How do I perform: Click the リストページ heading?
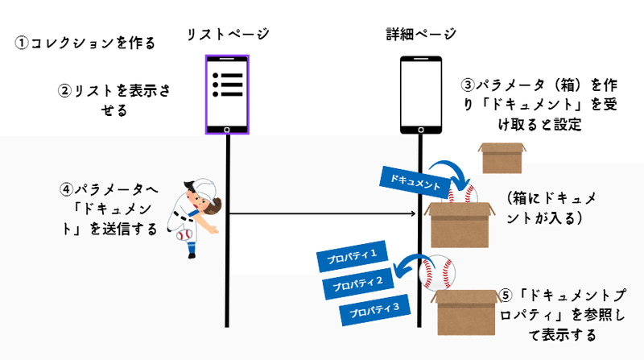tap(228, 34)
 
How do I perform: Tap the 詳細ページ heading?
tap(421, 34)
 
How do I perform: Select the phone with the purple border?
tap(227, 94)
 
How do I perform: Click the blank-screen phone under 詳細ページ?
tap(421, 95)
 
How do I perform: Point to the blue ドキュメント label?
tap(414, 182)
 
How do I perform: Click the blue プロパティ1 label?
tap(352, 256)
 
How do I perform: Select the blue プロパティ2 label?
tap(357, 283)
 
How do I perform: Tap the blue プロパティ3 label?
tap(374, 310)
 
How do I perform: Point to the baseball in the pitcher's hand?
tap(184, 235)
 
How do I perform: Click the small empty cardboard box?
tap(502, 158)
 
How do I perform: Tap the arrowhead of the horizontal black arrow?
tap(414, 213)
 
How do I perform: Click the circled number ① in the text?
tap(21, 43)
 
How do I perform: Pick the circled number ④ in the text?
tap(66, 189)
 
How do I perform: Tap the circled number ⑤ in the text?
tap(506, 295)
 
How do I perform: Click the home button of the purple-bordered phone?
tap(227, 130)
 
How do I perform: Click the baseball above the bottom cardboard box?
tap(437, 272)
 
